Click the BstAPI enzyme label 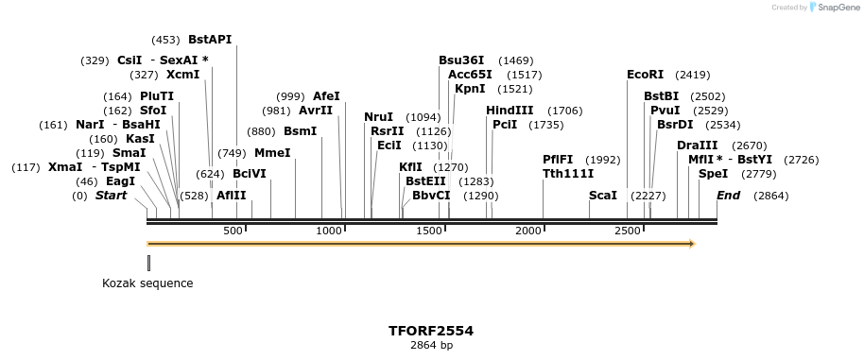210,40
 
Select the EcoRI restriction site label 646,75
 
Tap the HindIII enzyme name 510,111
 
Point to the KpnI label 470,89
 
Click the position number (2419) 693,75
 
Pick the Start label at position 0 112,196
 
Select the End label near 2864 728,196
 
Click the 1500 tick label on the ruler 430,231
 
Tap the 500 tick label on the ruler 233,231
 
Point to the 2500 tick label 628,231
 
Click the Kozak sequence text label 147,283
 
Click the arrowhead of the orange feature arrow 692,244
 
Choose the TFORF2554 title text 431,332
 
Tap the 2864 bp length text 431,346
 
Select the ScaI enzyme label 603,196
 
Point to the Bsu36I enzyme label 461,60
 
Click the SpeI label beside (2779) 714,174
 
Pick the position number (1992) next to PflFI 603,160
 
